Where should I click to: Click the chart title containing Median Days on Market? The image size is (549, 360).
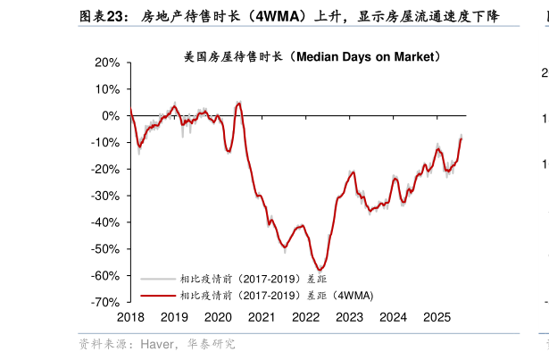(312, 56)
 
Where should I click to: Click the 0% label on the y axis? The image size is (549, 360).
(110, 116)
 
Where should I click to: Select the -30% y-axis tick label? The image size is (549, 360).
(104, 196)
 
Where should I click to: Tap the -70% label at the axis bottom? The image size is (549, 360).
(104, 303)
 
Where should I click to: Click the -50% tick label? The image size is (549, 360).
(104, 249)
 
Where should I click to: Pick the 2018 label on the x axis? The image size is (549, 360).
(130, 317)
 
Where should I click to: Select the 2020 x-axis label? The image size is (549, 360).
(218, 317)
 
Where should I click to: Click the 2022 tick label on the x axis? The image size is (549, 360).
(305, 317)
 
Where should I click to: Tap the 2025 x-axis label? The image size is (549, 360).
(437, 317)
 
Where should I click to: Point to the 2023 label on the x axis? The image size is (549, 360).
(349, 317)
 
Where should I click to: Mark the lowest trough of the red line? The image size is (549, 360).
(320, 270)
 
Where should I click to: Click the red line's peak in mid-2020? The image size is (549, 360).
(238, 103)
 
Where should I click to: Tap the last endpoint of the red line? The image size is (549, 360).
(462, 138)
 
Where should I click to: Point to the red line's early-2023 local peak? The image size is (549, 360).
(354, 172)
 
